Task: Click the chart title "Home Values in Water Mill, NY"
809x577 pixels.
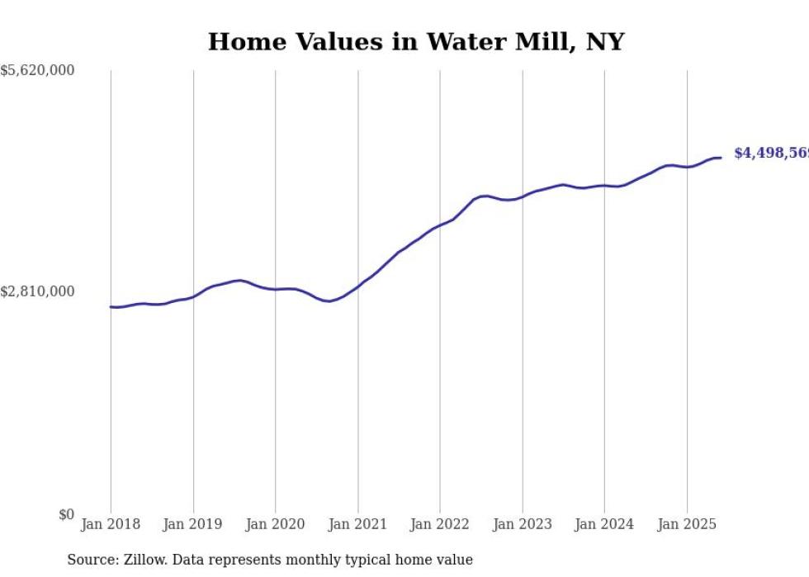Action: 415,42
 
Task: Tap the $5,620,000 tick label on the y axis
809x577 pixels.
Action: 37,71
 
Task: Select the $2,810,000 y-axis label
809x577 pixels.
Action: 37,291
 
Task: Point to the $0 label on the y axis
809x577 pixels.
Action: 66,514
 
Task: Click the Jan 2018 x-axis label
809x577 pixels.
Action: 111,524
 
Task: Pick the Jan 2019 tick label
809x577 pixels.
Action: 193,524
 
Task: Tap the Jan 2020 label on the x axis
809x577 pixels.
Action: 276,524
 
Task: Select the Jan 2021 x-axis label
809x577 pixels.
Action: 357,524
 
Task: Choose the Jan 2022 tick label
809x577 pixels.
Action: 440,524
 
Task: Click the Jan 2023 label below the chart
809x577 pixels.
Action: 522,524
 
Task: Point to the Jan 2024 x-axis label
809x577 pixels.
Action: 604,524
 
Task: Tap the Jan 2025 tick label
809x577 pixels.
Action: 687,524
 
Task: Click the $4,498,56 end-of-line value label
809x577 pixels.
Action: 770,154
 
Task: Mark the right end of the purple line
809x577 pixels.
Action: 721,158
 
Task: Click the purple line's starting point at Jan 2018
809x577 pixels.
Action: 111,307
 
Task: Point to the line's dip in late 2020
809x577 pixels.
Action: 329,301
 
